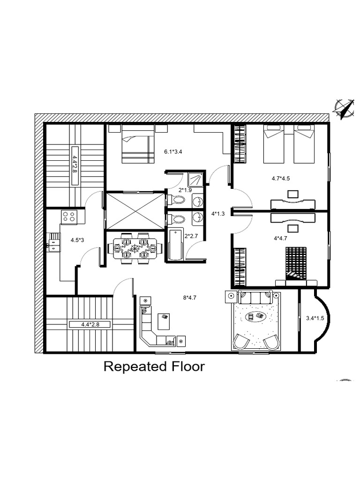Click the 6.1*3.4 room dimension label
(173, 151)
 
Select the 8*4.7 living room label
(190, 297)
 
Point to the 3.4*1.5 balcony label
(315, 318)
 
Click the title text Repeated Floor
(154, 366)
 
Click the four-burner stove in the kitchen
(69, 216)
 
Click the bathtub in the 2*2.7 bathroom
(175, 244)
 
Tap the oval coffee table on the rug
(255, 317)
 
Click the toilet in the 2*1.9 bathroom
(177, 200)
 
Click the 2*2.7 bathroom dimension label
(192, 236)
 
